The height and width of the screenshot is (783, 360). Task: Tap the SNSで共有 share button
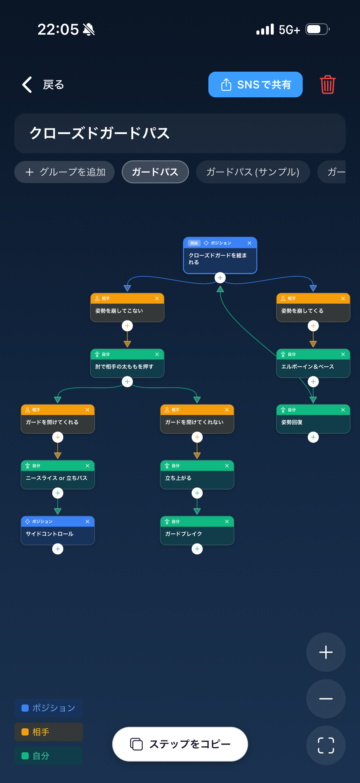point(255,85)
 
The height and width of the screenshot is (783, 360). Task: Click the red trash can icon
point(327,85)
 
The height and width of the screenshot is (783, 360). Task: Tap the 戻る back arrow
point(27,85)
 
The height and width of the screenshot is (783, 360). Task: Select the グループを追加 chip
point(64,172)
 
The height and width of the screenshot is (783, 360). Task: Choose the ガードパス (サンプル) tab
point(253,172)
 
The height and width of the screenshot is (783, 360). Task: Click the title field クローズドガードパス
point(180,133)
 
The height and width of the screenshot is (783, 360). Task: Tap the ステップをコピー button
point(180,744)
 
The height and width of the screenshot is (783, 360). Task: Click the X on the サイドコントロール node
point(87,522)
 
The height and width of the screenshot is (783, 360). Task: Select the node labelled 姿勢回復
point(313,419)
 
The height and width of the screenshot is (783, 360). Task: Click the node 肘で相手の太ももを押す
point(127,363)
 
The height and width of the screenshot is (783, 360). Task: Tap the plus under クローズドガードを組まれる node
point(220,277)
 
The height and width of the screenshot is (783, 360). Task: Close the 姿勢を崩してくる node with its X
point(343,299)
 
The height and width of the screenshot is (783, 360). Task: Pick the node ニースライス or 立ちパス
point(58,475)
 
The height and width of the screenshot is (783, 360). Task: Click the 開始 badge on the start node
point(194,243)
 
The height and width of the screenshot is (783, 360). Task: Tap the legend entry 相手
point(49,732)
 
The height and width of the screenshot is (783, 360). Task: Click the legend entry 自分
point(49,756)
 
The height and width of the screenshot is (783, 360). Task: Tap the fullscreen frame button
point(326,745)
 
